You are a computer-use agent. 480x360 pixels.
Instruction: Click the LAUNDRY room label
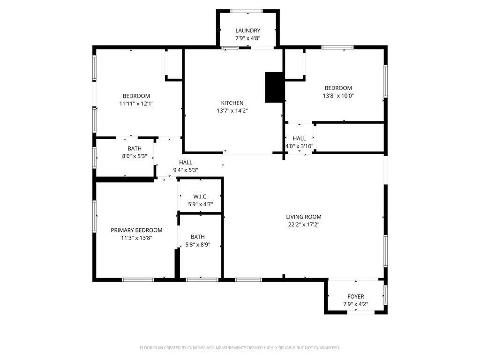coord(247,30)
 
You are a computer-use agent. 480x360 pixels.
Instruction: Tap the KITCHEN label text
coord(232,103)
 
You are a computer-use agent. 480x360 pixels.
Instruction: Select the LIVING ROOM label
coord(304,217)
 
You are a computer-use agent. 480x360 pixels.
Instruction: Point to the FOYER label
coord(355,296)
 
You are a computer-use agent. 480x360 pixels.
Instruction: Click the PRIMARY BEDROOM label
coord(136,230)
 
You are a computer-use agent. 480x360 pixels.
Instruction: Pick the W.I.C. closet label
coord(201,196)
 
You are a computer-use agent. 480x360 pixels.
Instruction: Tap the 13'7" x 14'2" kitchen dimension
coord(232,111)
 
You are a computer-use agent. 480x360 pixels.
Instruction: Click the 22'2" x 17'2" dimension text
coord(304,225)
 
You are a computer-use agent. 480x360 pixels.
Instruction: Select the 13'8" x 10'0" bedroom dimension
coord(338,96)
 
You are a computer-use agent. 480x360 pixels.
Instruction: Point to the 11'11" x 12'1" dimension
coord(136,104)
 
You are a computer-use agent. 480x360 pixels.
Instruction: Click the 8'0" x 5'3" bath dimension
coord(135,156)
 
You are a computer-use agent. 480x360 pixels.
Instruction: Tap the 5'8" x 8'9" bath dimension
coord(198,245)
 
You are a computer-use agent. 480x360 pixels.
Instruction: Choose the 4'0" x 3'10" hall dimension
coord(299,146)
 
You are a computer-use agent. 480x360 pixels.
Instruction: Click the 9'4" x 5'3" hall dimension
coord(186,170)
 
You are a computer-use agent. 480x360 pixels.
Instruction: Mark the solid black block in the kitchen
coord(274,87)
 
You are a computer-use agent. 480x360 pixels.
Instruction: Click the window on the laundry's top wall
coord(247,11)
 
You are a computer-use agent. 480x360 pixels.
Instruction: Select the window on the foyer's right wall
coord(386,295)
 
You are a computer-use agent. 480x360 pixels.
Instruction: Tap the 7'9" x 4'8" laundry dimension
coord(247,38)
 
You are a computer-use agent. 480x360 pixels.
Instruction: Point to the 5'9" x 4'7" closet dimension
coord(201,204)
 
